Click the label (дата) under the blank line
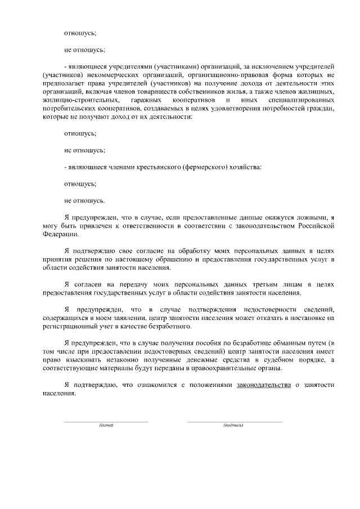[x=106, y=425]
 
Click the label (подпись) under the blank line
[x=233, y=425]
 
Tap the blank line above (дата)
[x=106, y=421]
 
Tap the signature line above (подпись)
[x=234, y=421]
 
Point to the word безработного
[x=170, y=326]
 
